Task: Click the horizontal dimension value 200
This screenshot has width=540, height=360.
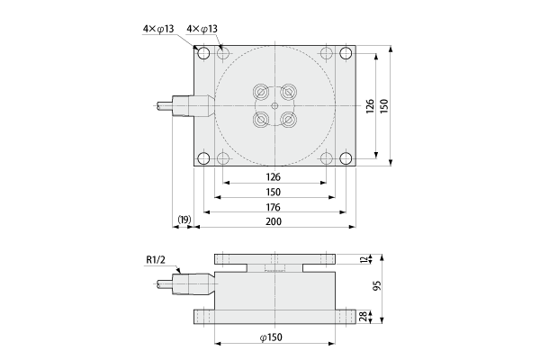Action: pyautogui.click(x=274, y=221)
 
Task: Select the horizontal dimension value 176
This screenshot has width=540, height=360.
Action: pyautogui.click(x=274, y=207)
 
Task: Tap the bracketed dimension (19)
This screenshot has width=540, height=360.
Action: pyautogui.click(x=184, y=220)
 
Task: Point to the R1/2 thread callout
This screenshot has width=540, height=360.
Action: pyautogui.click(x=156, y=259)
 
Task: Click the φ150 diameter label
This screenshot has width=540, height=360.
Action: pyautogui.click(x=271, y=337)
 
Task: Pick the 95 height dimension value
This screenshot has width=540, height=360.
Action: pyautogui.click(x=377, y=285)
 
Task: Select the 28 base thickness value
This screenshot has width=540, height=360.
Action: pyautogui.click(x=364, y=317)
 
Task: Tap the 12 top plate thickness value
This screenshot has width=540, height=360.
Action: pyautogui.click(x=364, y=259)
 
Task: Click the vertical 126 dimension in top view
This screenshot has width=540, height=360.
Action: pyautogui.click(x=370, y=106)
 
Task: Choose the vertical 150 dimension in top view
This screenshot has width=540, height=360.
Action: pyautogui.click(x=384, y=106)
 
